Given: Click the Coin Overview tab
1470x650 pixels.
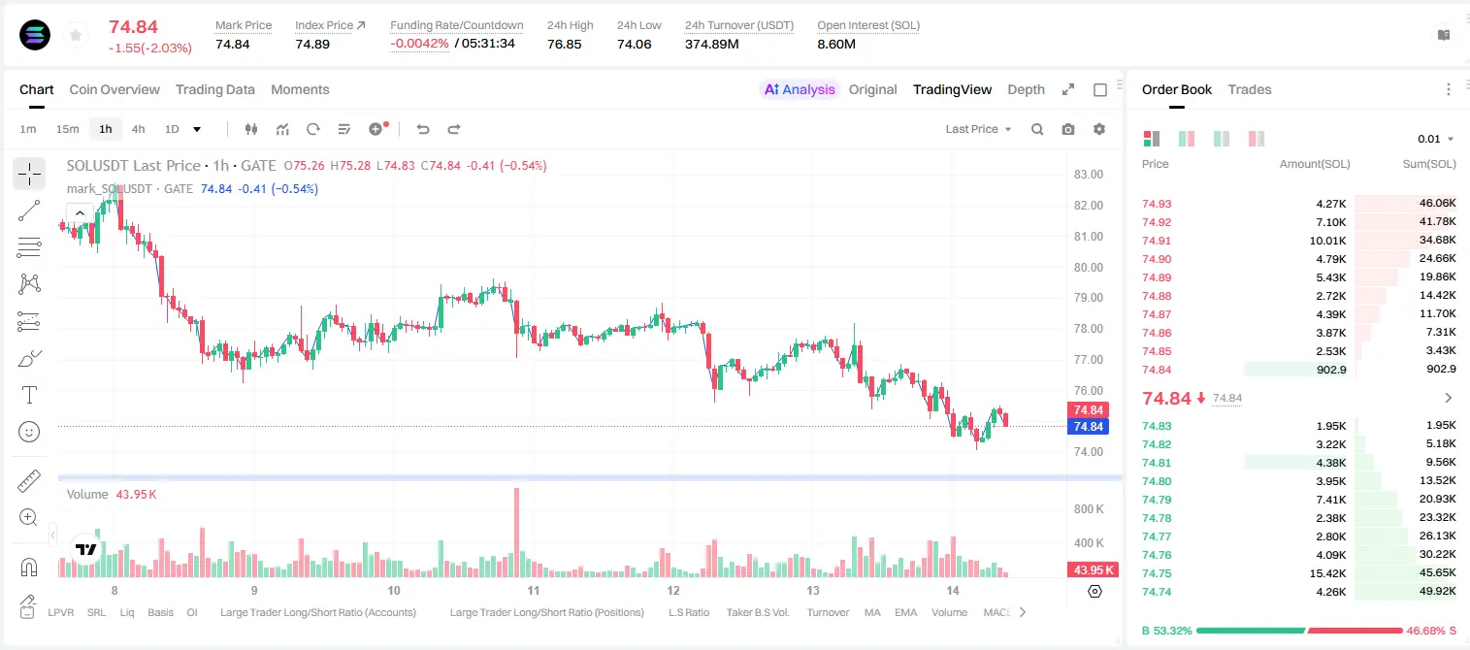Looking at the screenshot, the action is pos(114,89).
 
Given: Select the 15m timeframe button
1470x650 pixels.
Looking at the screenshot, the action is pos(67,129).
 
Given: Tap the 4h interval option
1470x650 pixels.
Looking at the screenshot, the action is pos(138,129).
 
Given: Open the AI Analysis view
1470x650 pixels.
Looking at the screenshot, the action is pos(800,89).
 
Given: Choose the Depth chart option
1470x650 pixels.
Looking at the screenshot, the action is pos(1026,89).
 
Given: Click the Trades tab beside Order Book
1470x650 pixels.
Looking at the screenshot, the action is pos(1250,89).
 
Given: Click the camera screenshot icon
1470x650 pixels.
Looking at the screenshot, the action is pos(1068,129).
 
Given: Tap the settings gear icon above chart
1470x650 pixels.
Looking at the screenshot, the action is pos(1099,129).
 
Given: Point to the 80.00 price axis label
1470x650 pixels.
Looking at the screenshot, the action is pos(1088,267).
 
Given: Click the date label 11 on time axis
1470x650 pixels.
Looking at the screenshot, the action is pos(534,590).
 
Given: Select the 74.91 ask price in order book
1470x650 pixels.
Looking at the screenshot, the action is pos(1157,241).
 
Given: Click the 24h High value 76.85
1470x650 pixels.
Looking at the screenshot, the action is pos(565,44).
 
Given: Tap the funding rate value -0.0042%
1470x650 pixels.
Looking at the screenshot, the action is pos(419,44).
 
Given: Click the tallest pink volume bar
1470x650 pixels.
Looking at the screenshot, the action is pos(516,532).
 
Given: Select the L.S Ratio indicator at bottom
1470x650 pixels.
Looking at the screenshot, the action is pos(688,612).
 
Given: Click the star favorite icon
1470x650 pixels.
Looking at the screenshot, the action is pos(76,35).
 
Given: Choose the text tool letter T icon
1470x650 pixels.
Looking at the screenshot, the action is pos(29,395).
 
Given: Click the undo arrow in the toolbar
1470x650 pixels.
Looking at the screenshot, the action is pos(423,129).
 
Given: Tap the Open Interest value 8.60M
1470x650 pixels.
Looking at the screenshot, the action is pos(836,44).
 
